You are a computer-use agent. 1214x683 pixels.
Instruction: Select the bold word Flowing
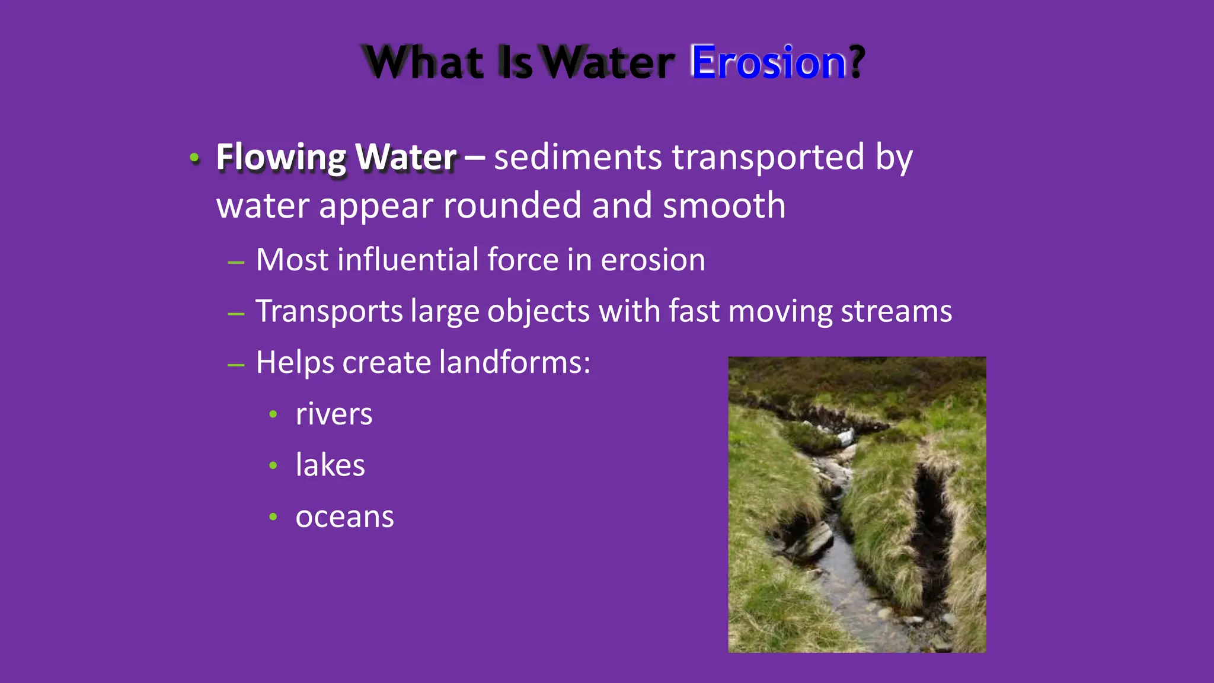281,158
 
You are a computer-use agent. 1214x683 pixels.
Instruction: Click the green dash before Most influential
236,261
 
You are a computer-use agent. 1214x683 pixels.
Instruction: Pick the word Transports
329,311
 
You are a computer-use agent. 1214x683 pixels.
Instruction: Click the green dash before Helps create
236,365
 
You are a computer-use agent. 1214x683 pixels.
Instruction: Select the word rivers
334,414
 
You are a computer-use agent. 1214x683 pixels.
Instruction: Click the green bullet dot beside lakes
273,466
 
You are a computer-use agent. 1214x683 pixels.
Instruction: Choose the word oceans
344,516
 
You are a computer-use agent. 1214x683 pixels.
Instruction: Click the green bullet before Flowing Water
194,158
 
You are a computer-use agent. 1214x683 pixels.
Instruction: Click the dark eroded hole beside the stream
932,516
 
